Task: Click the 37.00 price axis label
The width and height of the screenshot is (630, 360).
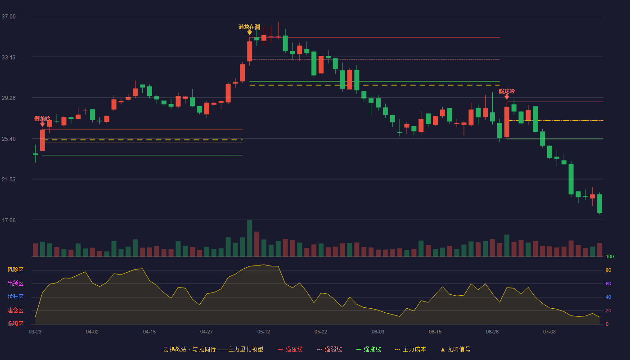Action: [x=9, y=17]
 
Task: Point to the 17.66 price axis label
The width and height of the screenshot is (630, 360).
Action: [x=9, y=220]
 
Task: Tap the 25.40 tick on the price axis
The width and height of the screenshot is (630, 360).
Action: [x=9, y=139]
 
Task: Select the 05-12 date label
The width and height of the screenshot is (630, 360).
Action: [x=264, y=332]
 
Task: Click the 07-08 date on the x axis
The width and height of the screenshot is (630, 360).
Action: [x=549, y=332]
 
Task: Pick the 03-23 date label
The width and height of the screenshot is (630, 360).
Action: [x=35, y=332]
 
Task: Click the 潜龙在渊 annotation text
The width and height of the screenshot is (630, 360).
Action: [x=249, y=27]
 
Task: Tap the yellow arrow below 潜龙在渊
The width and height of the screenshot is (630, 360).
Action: [x=249, y=32]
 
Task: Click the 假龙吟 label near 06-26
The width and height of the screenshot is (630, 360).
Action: [x=507, y=91]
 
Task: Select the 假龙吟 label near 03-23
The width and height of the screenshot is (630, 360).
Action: [x=42, y=119]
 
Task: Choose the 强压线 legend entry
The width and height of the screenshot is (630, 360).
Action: [x=290, y=349]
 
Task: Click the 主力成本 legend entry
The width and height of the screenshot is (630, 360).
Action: [x=410, y=349]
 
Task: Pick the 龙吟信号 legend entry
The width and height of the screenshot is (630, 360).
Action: [x=455, y=349]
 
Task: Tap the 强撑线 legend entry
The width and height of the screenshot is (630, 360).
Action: [x=369, y=349]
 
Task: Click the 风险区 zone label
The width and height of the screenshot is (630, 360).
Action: [x=15, y=270]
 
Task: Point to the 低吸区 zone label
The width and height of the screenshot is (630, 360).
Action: [x=15, y=324]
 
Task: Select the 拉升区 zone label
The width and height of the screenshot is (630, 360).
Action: [x=15, y=297]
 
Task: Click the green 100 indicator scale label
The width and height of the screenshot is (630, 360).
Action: [x=610, y=256]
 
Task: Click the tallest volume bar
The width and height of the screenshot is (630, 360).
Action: [x=249, y=238]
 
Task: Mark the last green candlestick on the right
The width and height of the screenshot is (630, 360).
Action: [x=599, y=203]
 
